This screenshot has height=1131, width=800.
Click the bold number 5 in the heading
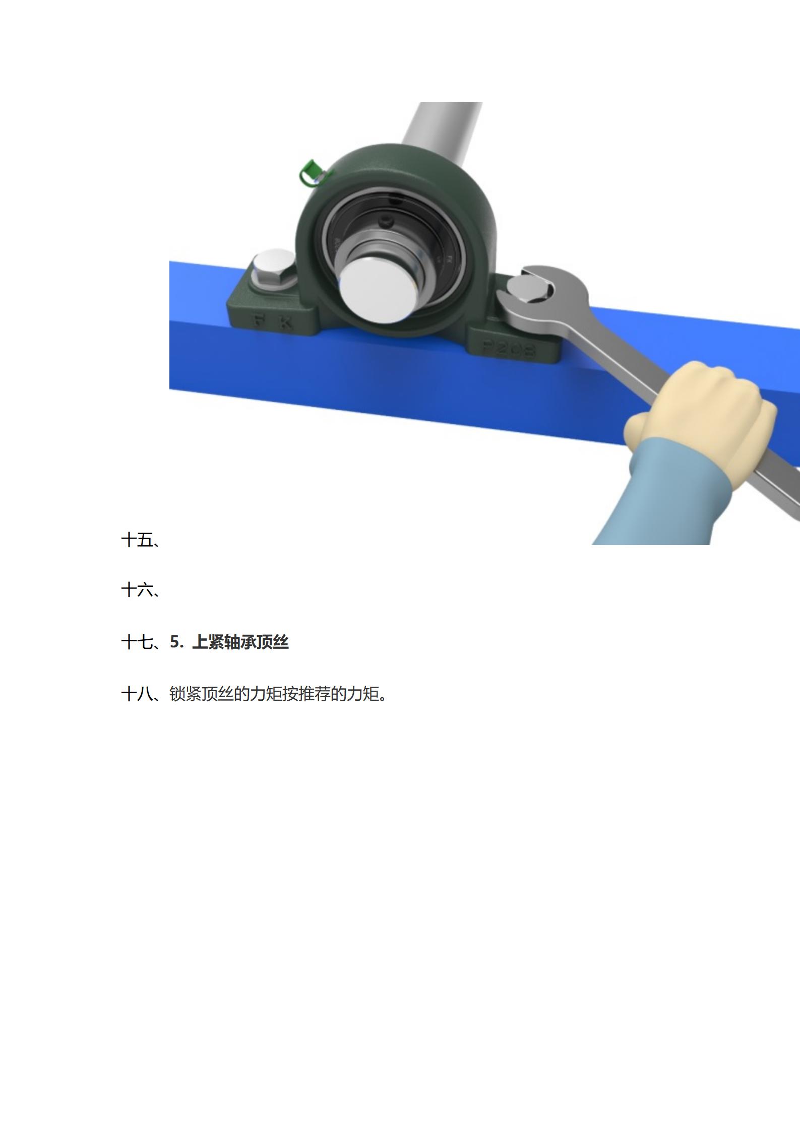175,642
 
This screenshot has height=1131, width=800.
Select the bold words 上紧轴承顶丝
240,642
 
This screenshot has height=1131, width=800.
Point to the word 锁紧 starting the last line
185,694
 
